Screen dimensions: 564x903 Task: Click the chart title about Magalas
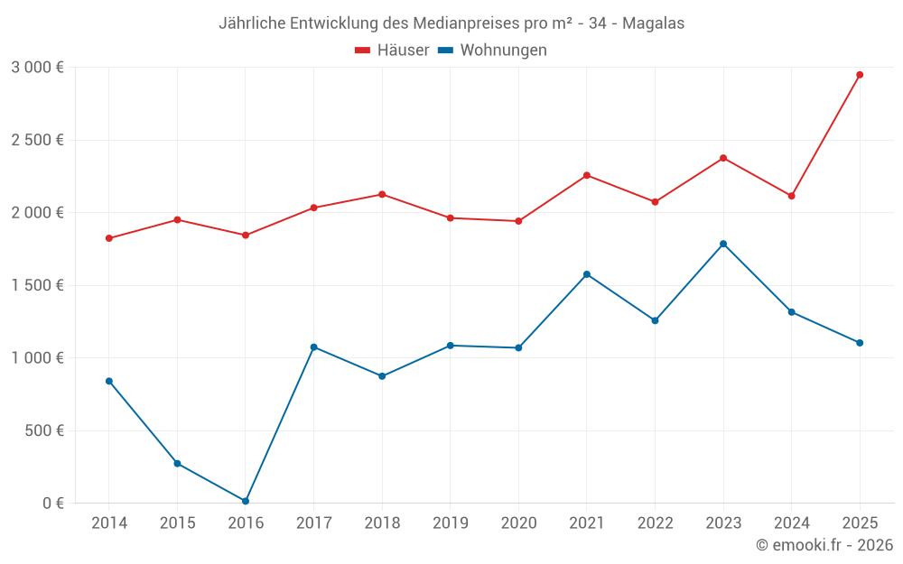point(451,23)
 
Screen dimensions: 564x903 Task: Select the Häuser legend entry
point(392,51)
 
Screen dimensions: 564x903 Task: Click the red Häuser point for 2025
point(860,75)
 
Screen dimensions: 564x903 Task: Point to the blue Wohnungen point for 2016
point(246,501)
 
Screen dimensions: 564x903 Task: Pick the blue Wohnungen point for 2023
point(723,244)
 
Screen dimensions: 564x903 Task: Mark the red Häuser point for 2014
point(109,238)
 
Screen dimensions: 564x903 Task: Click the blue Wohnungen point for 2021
point(587,274)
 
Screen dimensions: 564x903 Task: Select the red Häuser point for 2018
point(382,194)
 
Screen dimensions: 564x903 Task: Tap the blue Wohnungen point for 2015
point(177,463)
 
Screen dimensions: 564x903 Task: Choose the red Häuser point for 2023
point(723,158)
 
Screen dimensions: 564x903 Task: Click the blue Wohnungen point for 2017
point(313,347)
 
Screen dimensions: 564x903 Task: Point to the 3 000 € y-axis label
point(37,68)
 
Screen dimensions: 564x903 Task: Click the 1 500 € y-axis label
point(37,285)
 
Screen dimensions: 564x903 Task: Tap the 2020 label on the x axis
point(518,523)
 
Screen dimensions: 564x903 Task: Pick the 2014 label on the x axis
point(109,523)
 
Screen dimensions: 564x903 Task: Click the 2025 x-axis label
point(860,523)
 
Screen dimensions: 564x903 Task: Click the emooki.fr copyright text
point(824,545)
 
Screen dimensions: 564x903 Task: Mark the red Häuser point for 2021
point(587,175)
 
